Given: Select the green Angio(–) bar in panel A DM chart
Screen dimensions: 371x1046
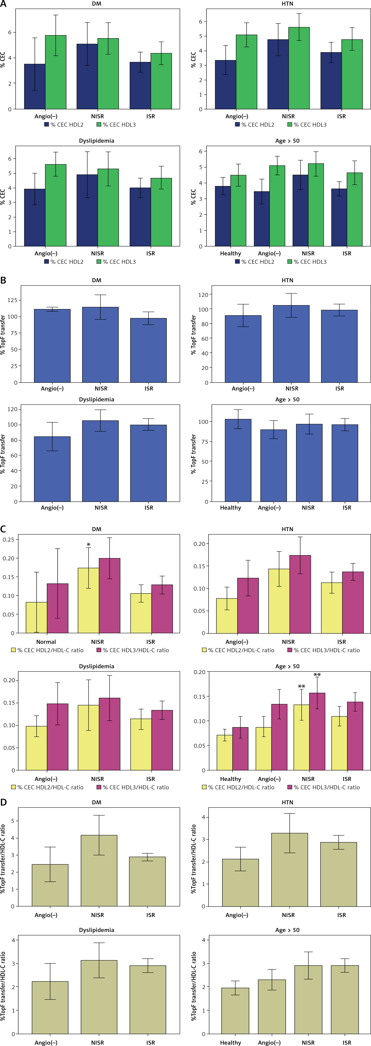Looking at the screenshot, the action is point(56,72).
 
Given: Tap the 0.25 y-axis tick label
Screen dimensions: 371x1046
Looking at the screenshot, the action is point(9,539).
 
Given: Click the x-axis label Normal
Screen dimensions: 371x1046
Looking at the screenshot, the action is point(46,642).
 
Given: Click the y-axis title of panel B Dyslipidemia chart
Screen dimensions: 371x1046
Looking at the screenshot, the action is point(3,454).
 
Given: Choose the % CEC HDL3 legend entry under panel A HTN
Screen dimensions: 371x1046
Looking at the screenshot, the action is point(307,125).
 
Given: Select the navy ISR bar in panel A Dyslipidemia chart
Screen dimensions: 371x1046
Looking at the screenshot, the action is point(140,217).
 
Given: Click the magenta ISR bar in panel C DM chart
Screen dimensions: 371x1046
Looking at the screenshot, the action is point(162,609).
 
